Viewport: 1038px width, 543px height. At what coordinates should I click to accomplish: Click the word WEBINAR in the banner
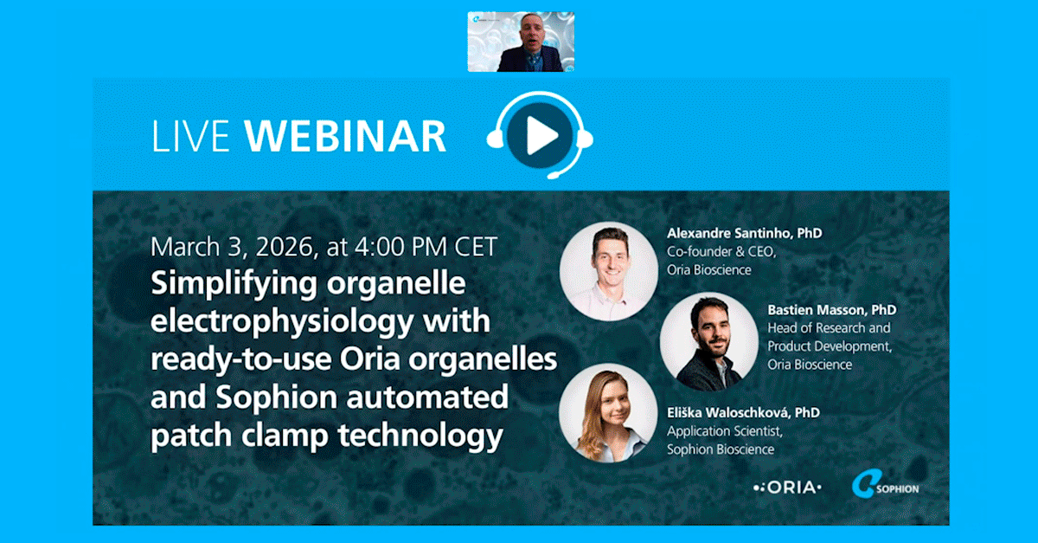(x=346, y=136)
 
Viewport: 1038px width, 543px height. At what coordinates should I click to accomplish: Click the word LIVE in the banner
(x=191, y=136)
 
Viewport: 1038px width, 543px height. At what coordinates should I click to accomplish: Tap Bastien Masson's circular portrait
(x=708, y=341)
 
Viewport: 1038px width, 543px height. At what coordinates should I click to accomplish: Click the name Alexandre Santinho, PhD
(x=744, y=234)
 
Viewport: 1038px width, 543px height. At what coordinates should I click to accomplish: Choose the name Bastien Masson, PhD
(x=831, y=309)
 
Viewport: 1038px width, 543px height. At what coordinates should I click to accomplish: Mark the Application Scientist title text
(x=720, y=430)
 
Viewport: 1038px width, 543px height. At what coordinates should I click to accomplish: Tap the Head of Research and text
(x=829, y=328)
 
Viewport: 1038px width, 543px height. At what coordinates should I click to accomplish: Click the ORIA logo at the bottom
(x=786, y=488)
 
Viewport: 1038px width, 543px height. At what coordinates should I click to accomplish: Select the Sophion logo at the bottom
(x=885, y=486)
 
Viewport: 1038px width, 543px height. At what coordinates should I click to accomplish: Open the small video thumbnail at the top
(x=521, y=42)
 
